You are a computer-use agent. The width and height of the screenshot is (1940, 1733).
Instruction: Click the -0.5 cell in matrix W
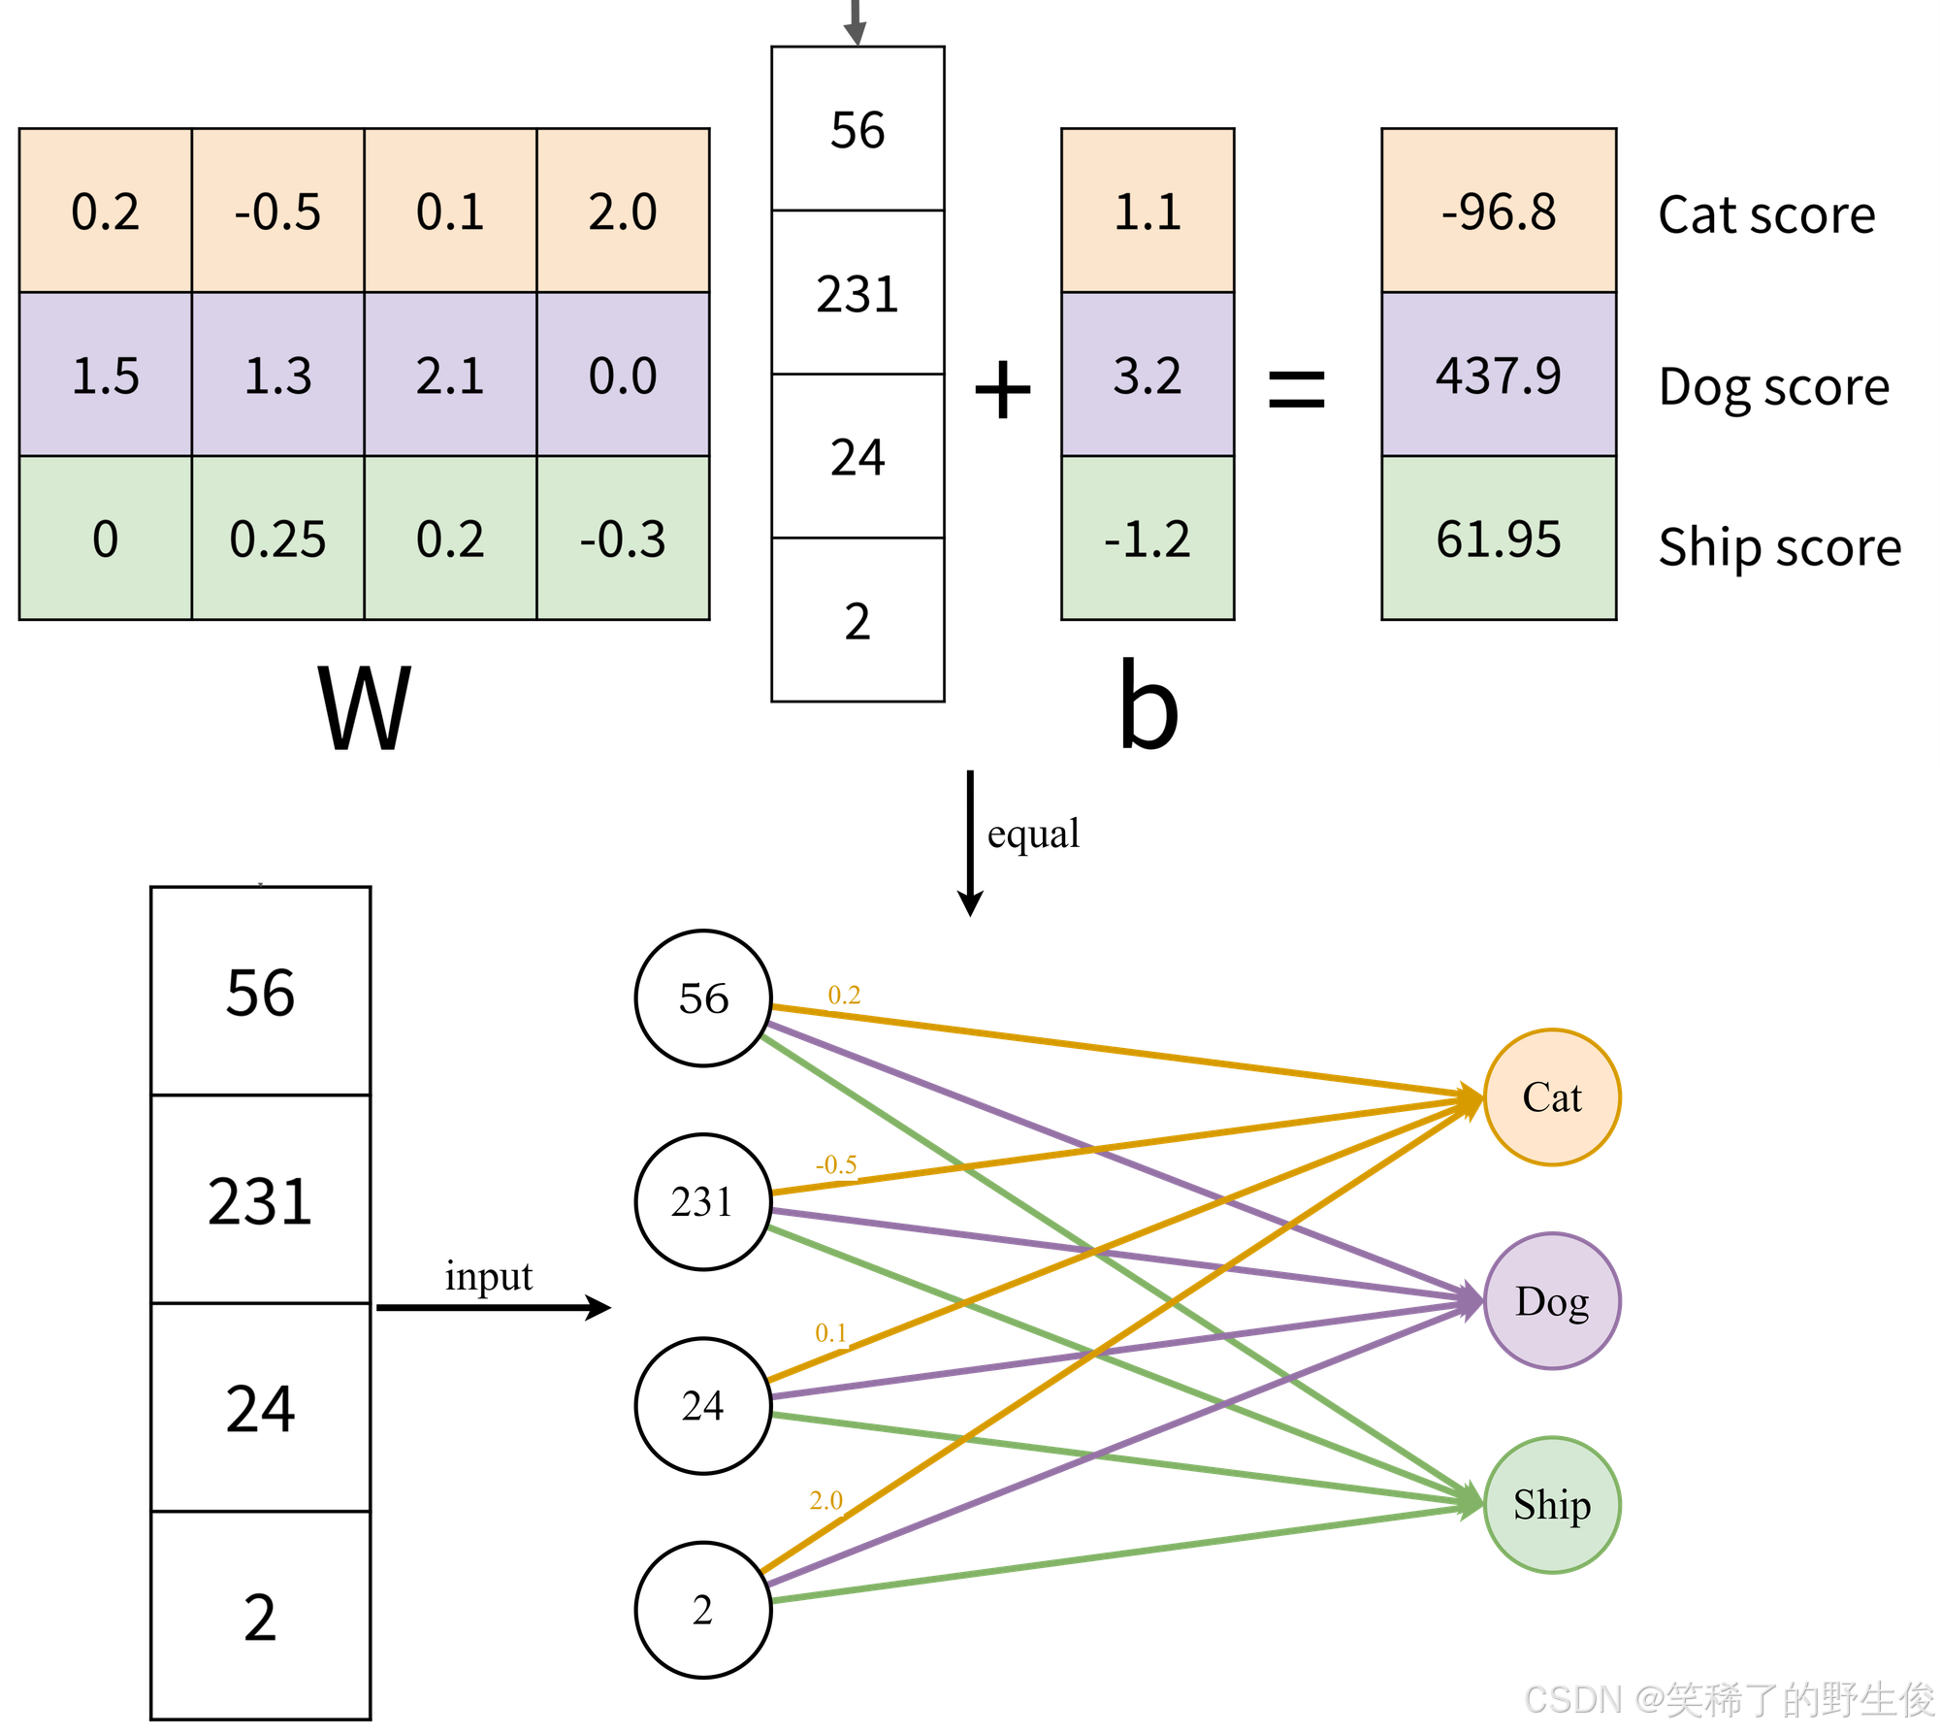click(277, 211)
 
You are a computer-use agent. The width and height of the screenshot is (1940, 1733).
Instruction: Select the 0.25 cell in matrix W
click(277, 539)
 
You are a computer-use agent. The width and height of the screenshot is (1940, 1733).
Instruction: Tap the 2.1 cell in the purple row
click(450, 375)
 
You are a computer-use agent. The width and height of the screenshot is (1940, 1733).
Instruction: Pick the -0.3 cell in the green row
click(623, 539)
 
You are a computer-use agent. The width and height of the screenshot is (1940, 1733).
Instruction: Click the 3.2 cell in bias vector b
click(1148, 375)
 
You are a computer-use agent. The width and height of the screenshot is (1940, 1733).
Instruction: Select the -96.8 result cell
click(1499, 211)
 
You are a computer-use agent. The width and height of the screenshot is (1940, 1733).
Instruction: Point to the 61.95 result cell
click(1499, 539)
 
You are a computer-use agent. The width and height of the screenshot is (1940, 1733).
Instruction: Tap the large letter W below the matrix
click(365, 708)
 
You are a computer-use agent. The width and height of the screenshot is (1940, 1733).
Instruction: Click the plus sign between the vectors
click(1003, 390)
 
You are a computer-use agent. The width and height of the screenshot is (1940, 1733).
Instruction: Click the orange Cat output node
click(1552, 1097)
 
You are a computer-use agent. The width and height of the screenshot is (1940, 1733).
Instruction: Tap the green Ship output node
click(1552, 1505)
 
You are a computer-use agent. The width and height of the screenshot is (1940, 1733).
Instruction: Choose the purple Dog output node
click(1552, 1301)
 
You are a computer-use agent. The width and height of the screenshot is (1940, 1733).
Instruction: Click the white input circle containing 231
click(703, 1201)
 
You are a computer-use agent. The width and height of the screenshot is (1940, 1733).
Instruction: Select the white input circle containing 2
click(703, 1610)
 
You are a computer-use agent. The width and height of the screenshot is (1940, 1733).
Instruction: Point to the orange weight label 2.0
click(826, 1500)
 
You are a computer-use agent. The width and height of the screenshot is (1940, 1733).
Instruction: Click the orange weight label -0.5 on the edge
click(836, 1163)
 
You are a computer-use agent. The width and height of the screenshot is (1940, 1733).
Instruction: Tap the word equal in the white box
click(1033, 834)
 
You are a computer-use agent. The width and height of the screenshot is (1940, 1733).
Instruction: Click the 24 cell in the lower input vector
click(260, 1408)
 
